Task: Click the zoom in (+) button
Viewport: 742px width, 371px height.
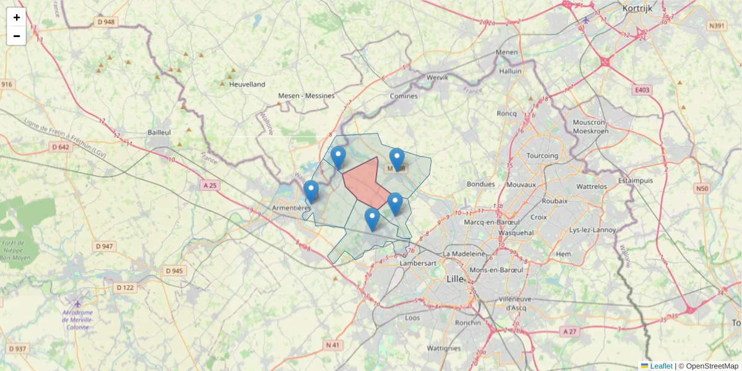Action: tap(17, 17)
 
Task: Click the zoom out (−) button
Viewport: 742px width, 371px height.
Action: tap(17, 36)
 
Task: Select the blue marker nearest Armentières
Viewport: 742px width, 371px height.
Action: tap(311, 191)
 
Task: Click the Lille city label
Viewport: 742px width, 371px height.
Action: tap(455, 279)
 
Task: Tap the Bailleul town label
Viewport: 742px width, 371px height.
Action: tap(160, 132)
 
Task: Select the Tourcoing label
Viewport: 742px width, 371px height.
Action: tap(542, 156)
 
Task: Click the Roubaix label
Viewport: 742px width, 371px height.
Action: tap(554, 201)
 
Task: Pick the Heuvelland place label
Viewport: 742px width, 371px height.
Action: tap(247, 84)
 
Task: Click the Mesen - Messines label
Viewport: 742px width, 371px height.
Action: tap(306, 96)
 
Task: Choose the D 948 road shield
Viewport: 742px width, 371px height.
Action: tap(106, 22)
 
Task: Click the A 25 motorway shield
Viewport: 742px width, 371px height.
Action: tap(210, 185)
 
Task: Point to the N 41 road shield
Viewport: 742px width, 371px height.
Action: tap(333, 344)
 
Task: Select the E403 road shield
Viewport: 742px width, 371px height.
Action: tap(642, 90)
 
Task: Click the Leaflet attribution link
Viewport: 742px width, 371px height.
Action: tap(661, 366)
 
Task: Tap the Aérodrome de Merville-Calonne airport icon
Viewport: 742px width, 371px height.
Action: tap(77, 304)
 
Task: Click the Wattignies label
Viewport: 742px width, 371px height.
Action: tap(443, 348)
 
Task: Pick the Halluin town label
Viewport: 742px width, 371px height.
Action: tap(511, 71)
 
